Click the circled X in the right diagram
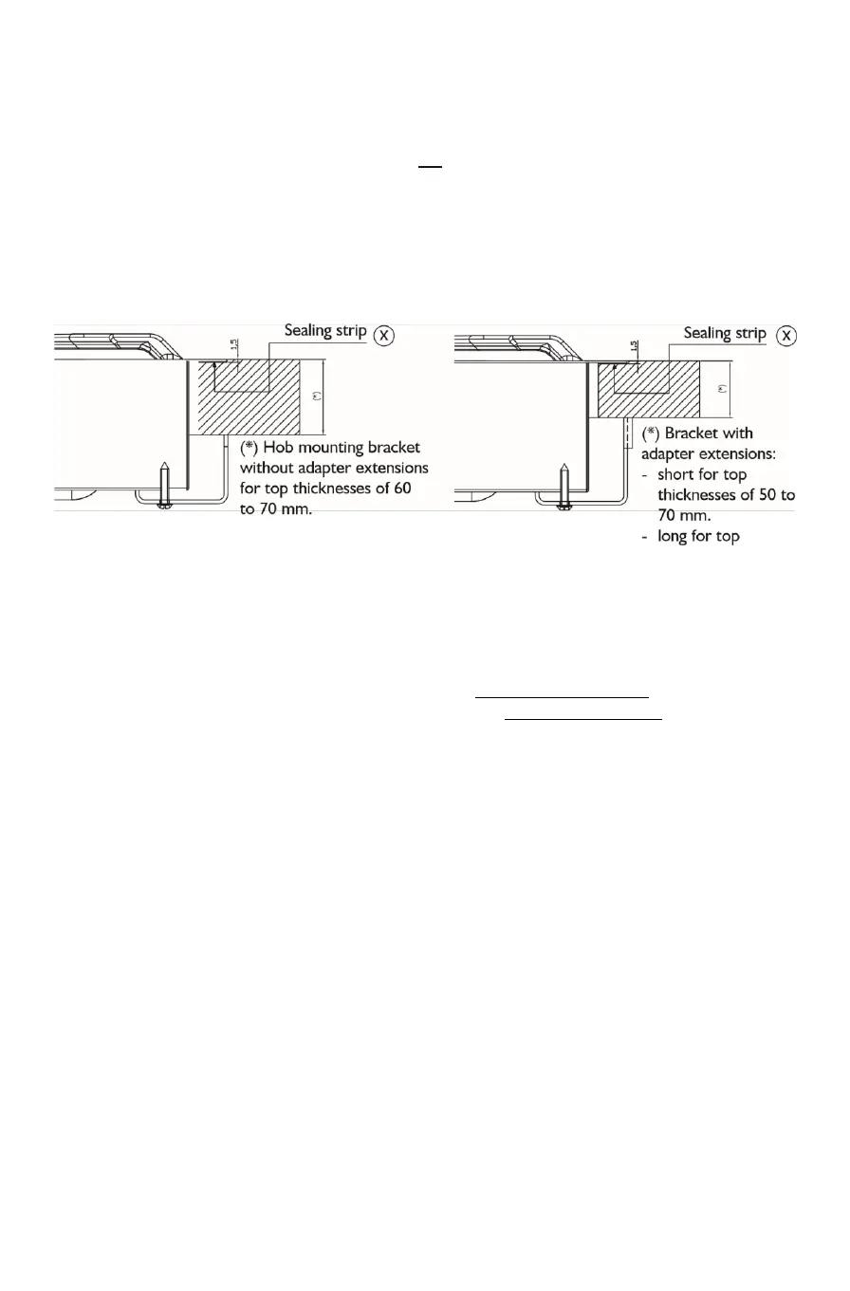(x=787, y=337)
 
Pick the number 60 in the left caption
(x=416, y=487)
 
